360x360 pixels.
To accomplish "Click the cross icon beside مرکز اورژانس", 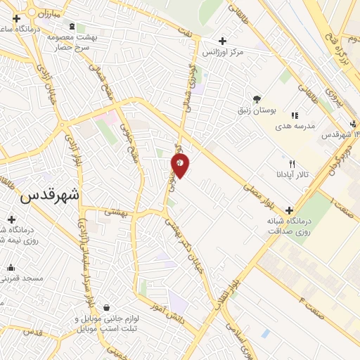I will (222, 41).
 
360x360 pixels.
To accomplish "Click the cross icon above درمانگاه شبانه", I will (290, 210).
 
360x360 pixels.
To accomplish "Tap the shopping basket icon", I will (106, 308).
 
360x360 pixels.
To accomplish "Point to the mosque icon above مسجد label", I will (11, 267).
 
